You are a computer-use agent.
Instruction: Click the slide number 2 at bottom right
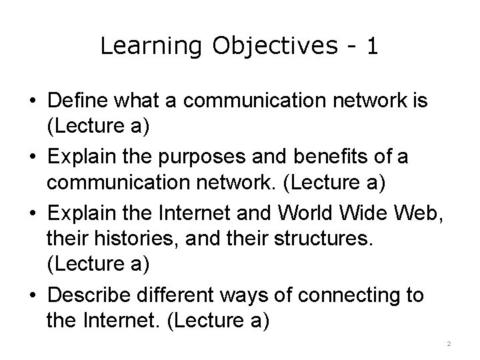449,343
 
